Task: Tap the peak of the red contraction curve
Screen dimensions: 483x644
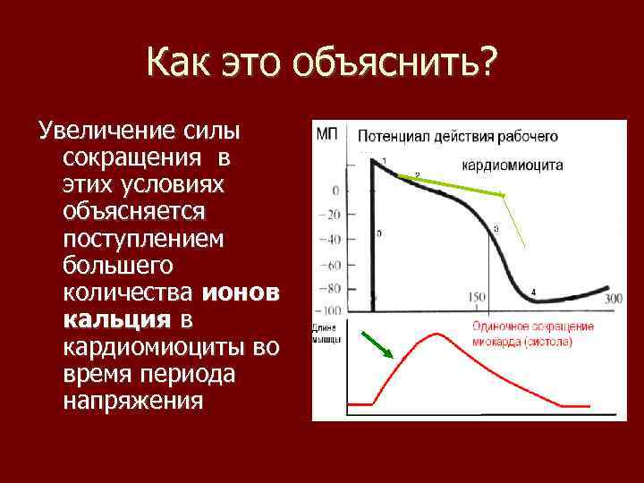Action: [436, 334]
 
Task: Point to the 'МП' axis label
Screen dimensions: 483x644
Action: [326, 135]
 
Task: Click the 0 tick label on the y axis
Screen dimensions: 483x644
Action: [335, 191]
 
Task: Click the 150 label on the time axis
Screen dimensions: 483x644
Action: [477, 298]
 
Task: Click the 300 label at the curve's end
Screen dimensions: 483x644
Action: [614, 299]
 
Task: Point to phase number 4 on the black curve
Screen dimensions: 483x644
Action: [534, 292]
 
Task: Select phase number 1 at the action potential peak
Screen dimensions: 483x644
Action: [384, 161]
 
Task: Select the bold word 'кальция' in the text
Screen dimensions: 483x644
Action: [116, 319]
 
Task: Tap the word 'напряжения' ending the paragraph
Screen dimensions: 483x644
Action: [133, 400]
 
